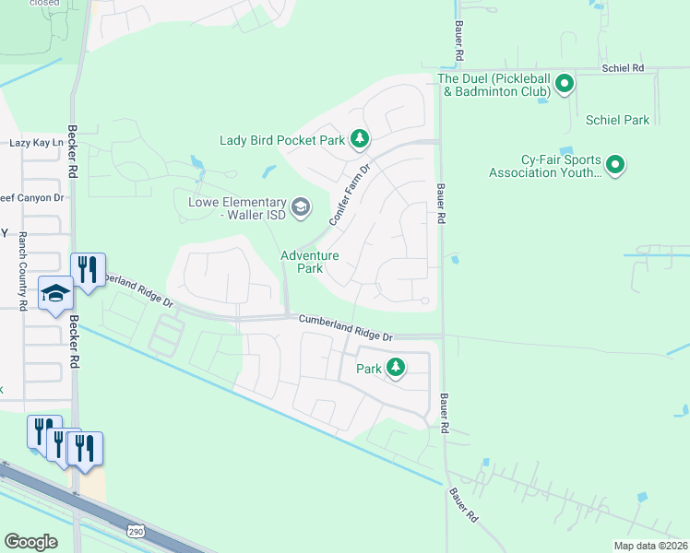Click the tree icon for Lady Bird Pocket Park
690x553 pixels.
click(360, 140)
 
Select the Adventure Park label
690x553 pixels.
click(309, 262)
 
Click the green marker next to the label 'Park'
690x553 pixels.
click(396, 368)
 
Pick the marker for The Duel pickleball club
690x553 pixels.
click(565, 86)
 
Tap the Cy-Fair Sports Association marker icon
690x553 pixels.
click(615, 166)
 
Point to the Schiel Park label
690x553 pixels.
click(617, 120)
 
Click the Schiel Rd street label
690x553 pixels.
click(623, 68)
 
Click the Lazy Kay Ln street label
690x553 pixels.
click(36, 143)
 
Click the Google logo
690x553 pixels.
click(30, 542)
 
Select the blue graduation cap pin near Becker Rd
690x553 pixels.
click(55, 294)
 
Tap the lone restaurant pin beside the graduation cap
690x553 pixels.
click(89, 270)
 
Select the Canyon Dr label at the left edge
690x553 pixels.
click(32, 197)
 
